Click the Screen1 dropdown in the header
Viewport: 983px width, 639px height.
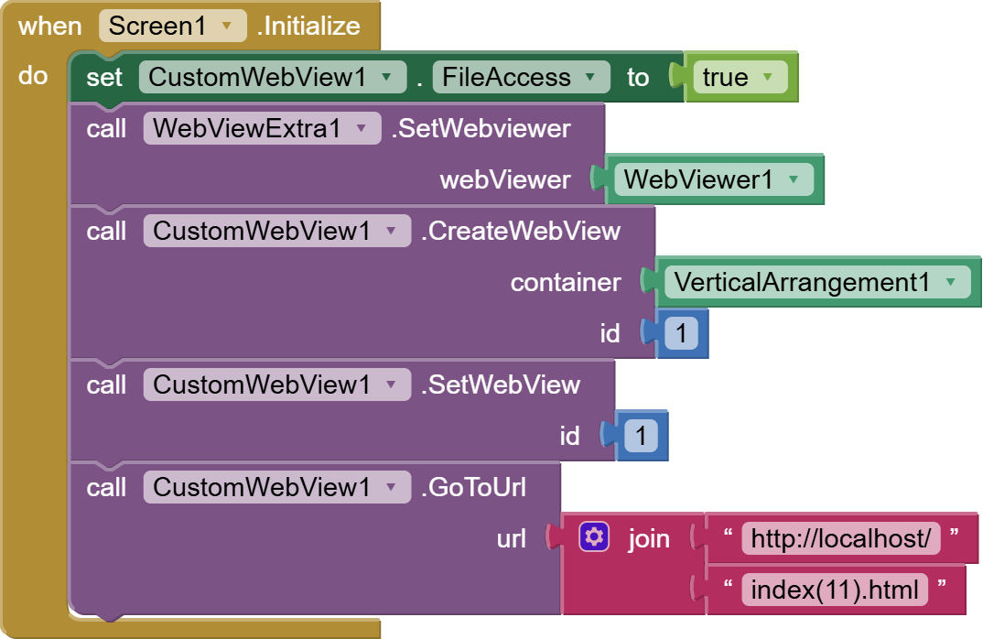(x=172, y=26)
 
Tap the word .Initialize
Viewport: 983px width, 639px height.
(x=308, y=26)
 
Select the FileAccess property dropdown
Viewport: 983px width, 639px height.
(x=521, y=77)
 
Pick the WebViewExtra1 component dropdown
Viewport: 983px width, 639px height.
(x=261, y=128)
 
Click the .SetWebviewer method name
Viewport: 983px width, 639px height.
(x=481, y=128)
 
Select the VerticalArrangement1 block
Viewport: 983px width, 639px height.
(x=816, y=282)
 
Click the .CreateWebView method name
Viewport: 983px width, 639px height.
(x=520, y=231)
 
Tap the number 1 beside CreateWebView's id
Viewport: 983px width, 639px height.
(x=680, y=333)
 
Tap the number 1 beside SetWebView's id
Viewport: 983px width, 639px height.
(x=640, y=436)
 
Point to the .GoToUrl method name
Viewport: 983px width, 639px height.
(x=473, y=487)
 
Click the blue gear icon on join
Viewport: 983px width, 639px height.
(x=594, y=537)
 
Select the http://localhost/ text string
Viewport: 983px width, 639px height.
(x=841, y=538)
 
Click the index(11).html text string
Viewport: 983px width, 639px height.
(x=834, y=590)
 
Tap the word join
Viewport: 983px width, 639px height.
(x=648, y=538)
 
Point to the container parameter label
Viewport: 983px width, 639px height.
(x=565, y=282)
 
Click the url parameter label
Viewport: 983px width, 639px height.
(x=511, y=538)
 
